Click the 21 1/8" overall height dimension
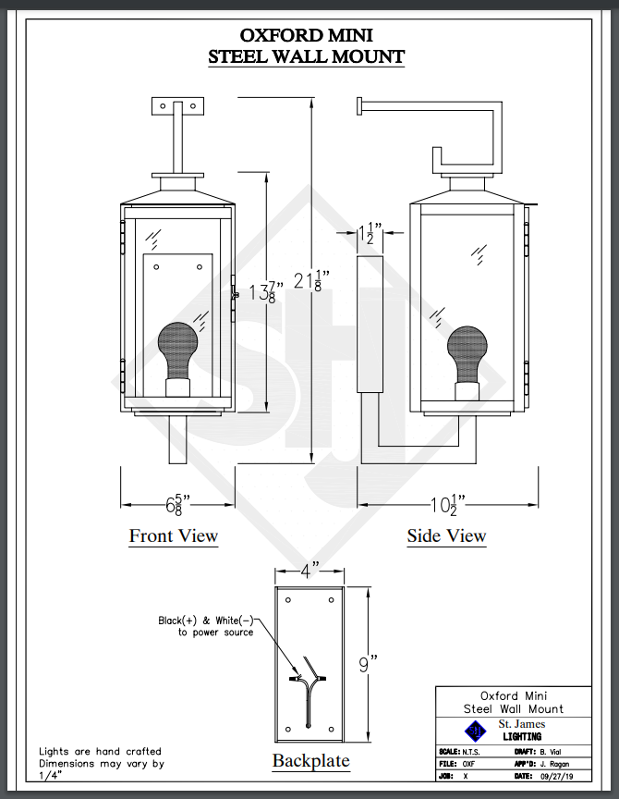311,281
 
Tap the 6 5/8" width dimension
177,505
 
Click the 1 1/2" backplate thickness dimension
369,233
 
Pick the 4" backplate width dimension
309,571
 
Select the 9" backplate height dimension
368,664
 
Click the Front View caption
174,536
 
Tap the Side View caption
446,536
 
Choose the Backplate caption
311,761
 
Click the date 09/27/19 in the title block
556,777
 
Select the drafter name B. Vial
551,752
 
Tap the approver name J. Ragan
555,764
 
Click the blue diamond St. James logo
475,731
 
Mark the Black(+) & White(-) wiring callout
206,626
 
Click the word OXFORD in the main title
280,35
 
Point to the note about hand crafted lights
102,763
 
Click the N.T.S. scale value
471,752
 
